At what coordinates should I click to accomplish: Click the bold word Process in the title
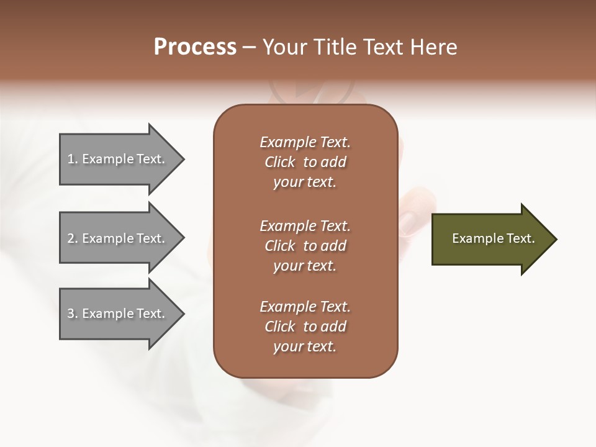[x=195, y=47]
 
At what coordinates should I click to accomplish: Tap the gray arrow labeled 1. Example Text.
[x=118, y=159]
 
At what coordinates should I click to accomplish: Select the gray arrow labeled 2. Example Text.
[x=118, y=238]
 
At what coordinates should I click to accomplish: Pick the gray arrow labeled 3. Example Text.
[x=118, y=314]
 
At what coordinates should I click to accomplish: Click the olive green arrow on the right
[x=490, y=239]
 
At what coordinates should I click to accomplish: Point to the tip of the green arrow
[x=556, y=239]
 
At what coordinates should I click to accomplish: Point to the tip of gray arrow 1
[x=183, y=159]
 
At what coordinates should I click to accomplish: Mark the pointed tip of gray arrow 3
[x=183, y=314]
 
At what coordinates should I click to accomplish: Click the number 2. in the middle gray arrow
[x=73, y=238]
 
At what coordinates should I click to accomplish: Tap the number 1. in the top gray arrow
[x=73, y=159]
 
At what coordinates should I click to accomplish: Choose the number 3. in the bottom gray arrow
[x=73, y=314]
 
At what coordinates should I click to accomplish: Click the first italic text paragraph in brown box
[x=305, y=162]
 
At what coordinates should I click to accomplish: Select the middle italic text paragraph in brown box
[x=305, y=246]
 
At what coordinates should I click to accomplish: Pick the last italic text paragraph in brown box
[x=305, y=327]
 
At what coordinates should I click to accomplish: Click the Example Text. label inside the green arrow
[x=493, y=238]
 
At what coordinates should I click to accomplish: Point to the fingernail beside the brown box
[x=410, y=222]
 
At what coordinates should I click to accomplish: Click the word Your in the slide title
[x=284, y=47]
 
